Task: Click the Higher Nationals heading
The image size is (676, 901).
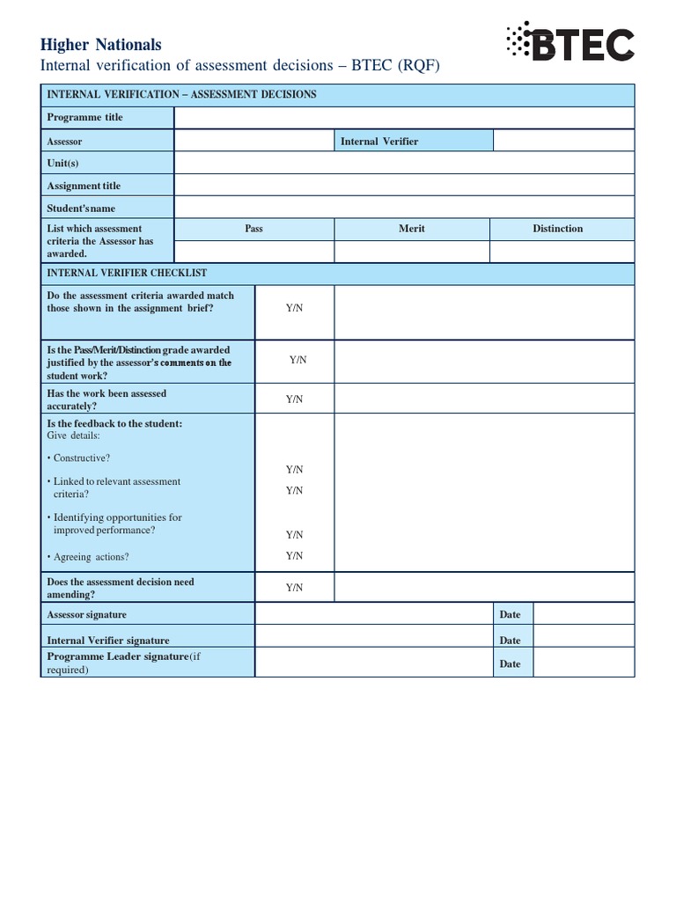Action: click(x=101, y=44)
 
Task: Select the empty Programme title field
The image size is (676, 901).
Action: click(x=404, y=118)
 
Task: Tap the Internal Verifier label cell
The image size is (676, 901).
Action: click(x=413, y=141)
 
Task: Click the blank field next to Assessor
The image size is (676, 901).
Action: click(x=253, y=141)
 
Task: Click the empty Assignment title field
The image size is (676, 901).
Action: click(x=404, y=185)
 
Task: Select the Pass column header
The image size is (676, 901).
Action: click(x=253, y=229)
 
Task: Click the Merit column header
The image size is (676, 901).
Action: click(x=411, y=229)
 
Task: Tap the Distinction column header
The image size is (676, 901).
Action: click(x=557, y=229)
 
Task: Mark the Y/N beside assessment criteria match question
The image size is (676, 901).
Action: click(x=294, y=309)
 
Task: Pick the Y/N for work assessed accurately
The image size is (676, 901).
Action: click(x=294, y=399)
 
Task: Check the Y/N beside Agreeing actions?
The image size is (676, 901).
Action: click(x=294, y=555)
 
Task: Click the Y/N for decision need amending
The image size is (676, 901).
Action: click(x=294, y=587)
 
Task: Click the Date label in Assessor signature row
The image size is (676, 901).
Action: click(x=510, y=614)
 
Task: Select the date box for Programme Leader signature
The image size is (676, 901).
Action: click(x=584, y=663)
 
